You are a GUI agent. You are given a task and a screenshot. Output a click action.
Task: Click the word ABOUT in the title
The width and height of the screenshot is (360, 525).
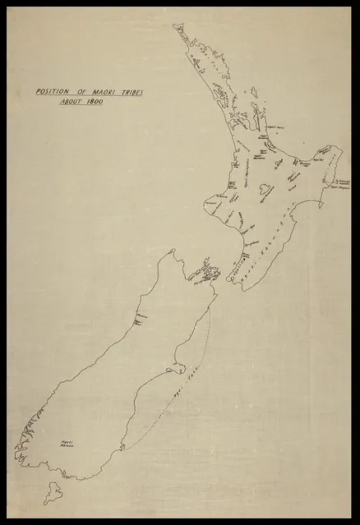(x=72, y=102)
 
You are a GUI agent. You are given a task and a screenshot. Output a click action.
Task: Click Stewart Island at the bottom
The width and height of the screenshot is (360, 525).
(x=53, y=492)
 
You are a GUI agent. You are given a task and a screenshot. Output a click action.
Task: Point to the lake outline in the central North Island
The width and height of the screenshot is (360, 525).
(x=265, y=191)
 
